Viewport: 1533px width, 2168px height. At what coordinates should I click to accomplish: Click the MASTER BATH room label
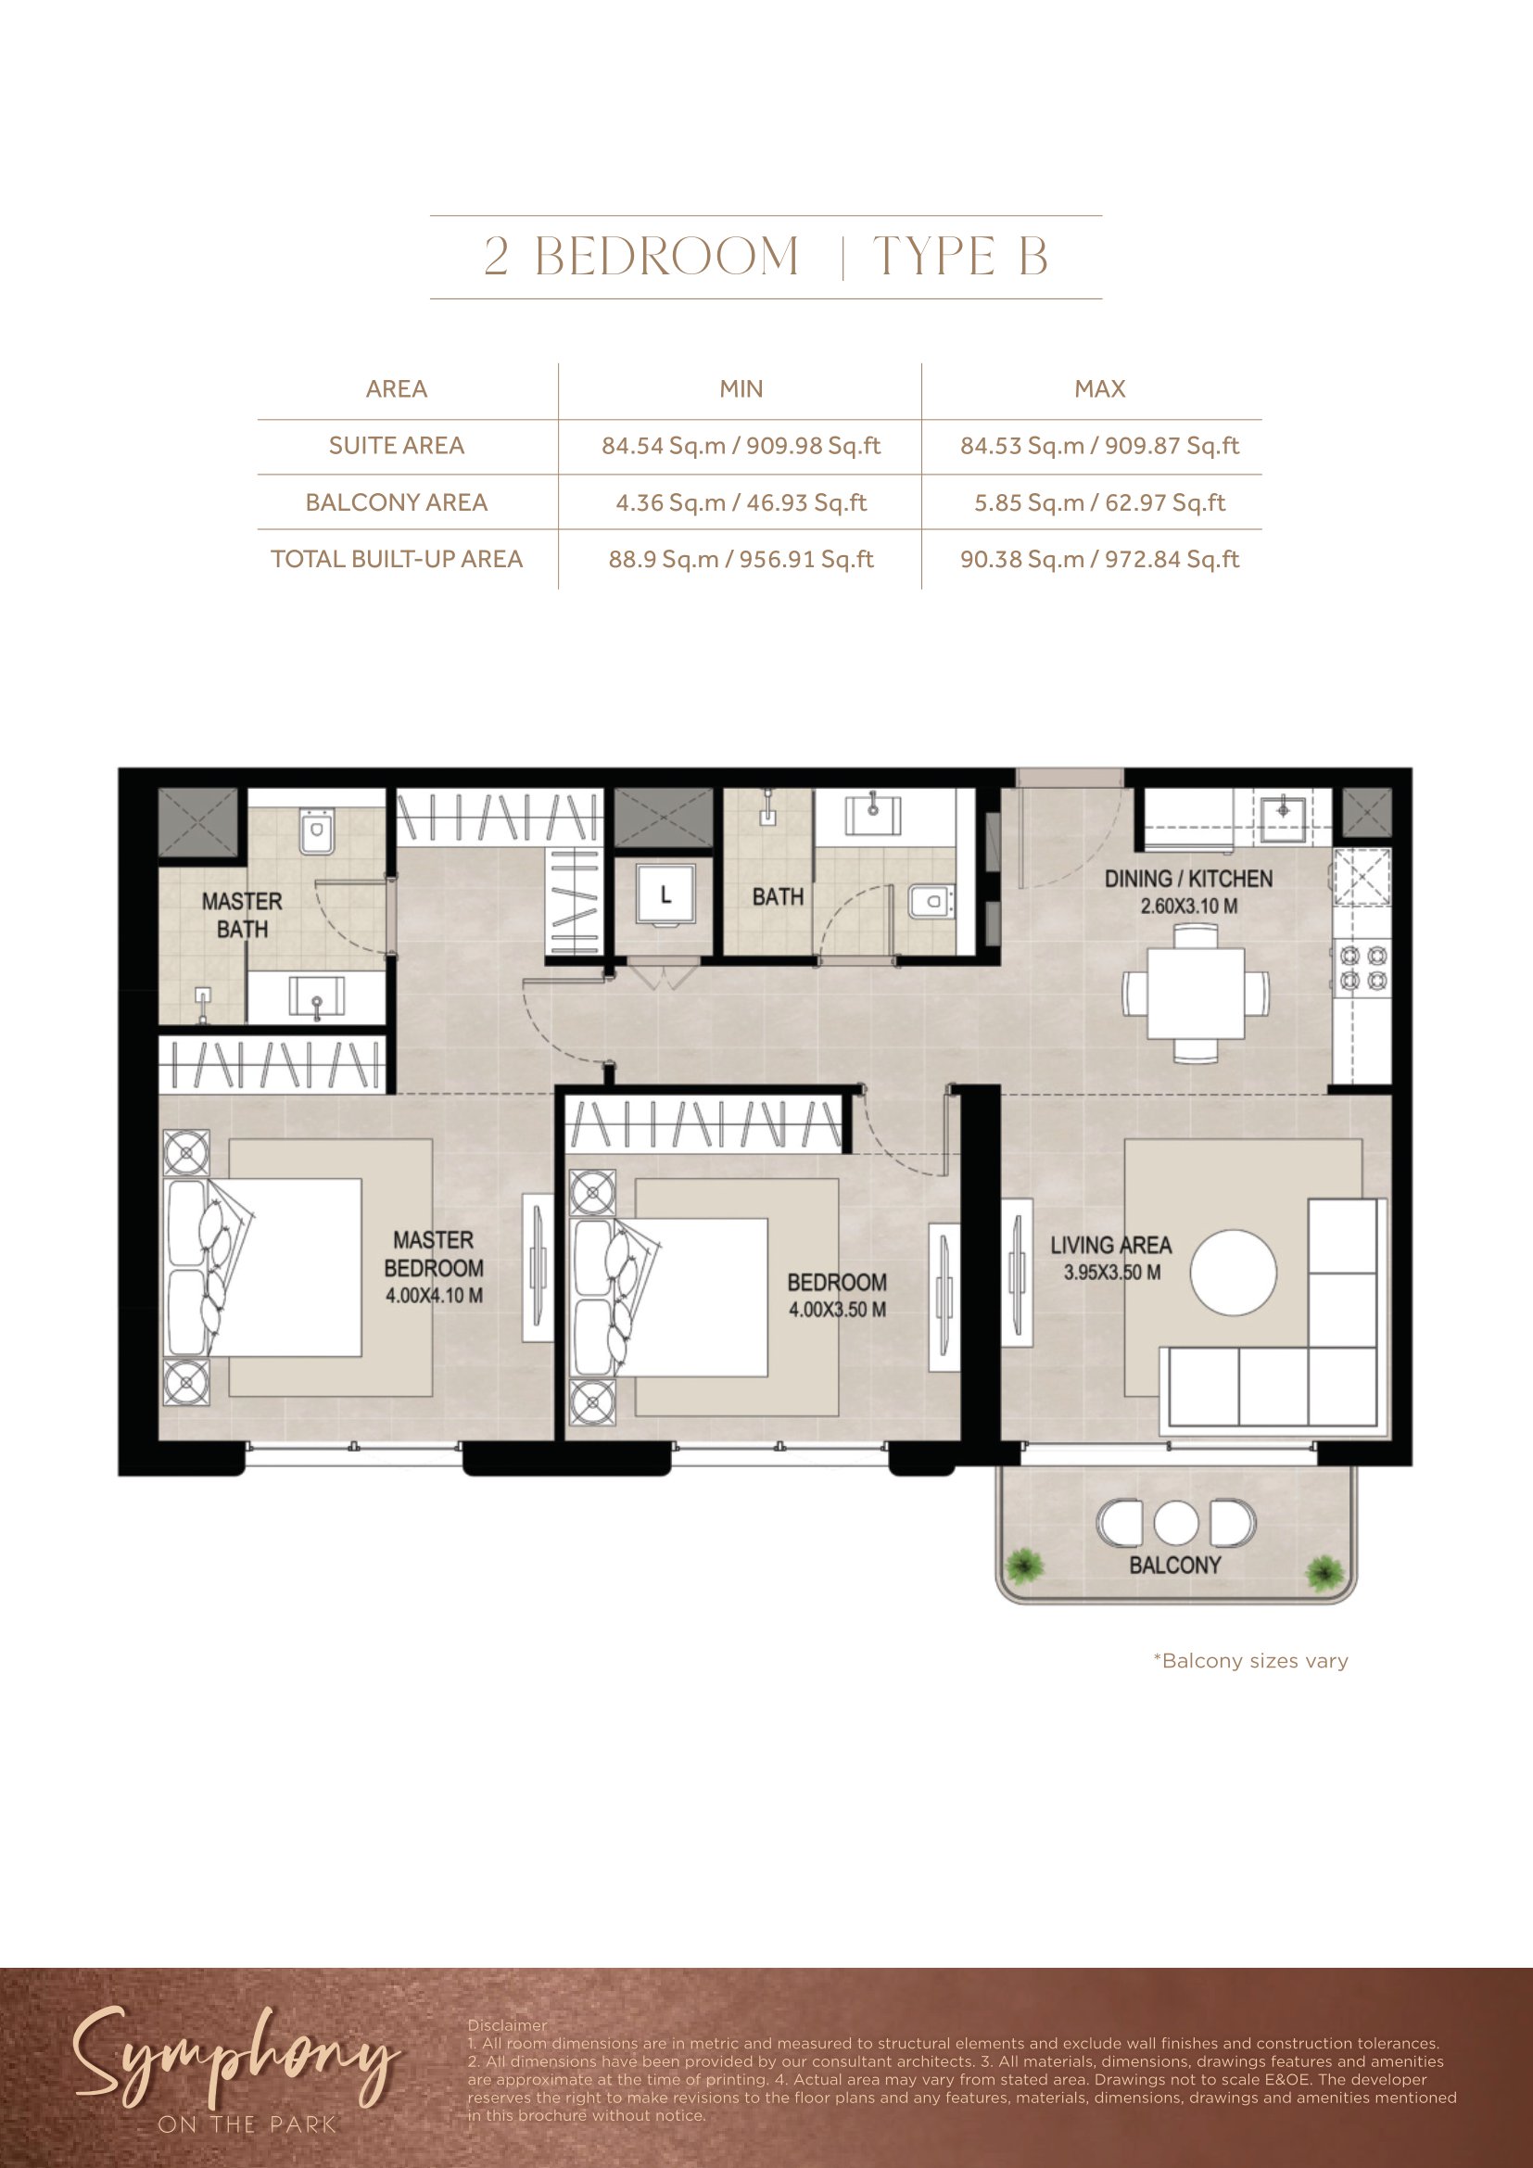click(x=242, y=915)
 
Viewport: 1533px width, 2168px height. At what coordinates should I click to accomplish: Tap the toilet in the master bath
click(x=316, y=831)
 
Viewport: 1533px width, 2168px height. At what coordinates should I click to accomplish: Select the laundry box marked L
click(x=665, y=894)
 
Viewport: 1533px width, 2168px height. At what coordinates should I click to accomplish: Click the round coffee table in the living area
click(x=1233, y=1272)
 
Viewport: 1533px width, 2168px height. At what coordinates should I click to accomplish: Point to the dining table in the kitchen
click(x=1195, y=994)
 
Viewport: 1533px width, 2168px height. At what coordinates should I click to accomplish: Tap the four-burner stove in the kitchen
click(x=1362, y=968)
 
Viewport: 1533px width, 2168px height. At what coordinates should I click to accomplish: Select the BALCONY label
click(x=1175, y=1565)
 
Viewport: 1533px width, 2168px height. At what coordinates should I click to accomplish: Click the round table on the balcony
click(x=1176, y=1522)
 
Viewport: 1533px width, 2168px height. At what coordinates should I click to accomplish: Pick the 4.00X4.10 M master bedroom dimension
click(x=434, y=1296)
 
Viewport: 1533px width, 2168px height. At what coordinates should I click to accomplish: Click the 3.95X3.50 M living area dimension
click(x=1112, y=1272)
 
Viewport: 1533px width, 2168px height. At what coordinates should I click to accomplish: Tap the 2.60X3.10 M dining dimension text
click(x=1188, y=906)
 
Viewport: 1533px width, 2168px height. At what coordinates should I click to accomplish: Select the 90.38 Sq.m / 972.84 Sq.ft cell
click(x=1100, y=559)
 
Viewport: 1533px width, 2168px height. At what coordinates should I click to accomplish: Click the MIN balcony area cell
click(x=741, y=502)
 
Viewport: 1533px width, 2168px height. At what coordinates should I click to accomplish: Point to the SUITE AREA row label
click(x=397, y=446)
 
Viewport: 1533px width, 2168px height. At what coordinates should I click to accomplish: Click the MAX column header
click(x=1100, y=389)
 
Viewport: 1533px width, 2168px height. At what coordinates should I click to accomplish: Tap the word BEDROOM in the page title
click(x=667, y=257)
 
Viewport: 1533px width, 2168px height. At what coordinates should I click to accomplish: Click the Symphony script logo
click(x=234, y=2060)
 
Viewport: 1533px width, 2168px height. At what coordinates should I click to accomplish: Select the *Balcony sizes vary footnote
click(x=1250, y=1661)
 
